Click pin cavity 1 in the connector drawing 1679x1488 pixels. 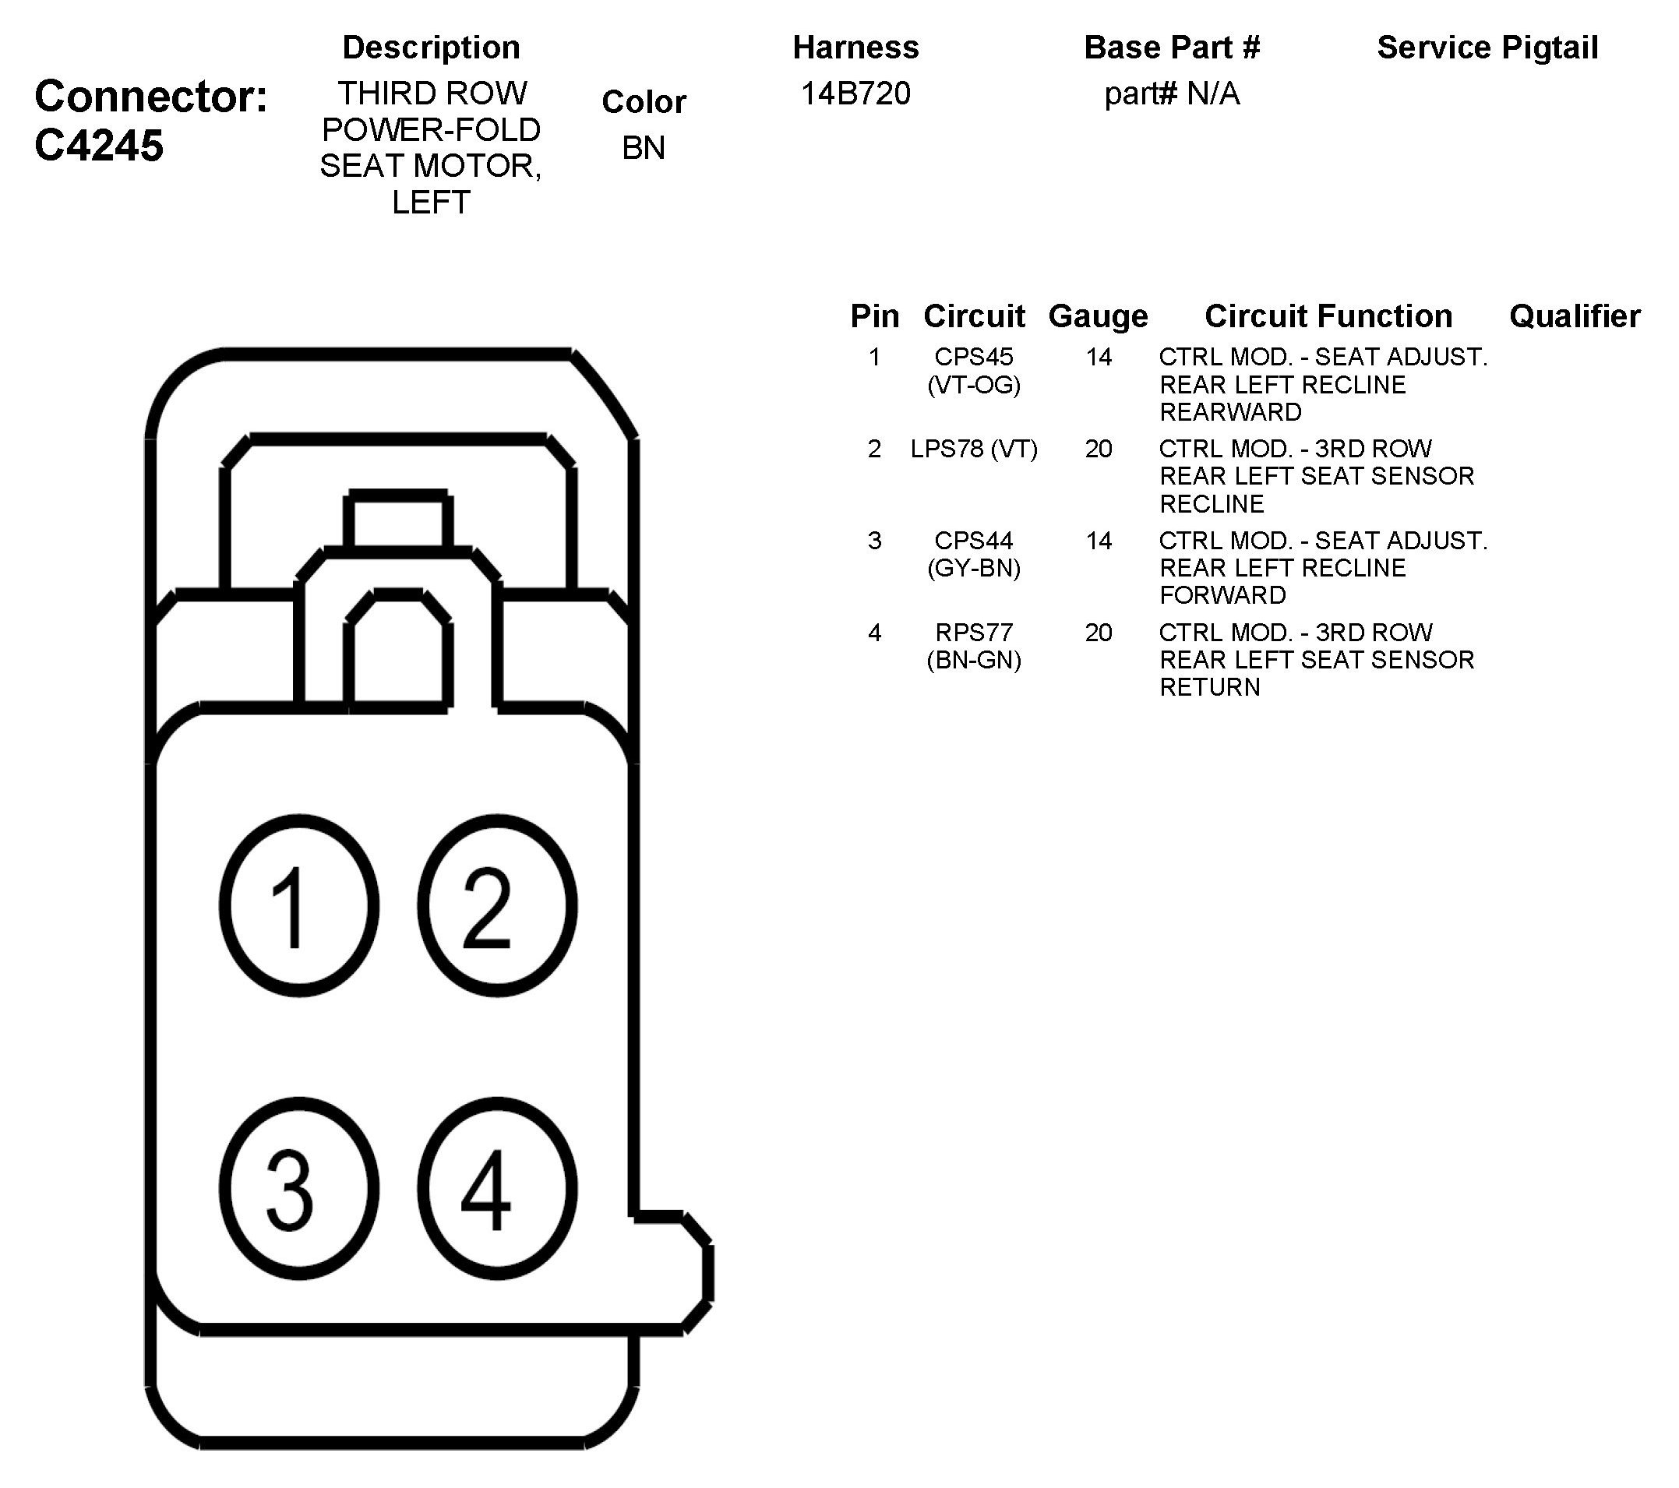point(299,905)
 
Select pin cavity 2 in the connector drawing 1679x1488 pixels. point(497,905)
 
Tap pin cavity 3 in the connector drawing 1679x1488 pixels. point(299,1187)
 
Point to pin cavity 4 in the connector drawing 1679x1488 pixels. point(497,1187)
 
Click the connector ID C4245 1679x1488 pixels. point(99,146)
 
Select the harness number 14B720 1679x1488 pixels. point(855,93)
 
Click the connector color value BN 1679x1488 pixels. point(644,148)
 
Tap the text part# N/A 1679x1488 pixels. point(1171,93)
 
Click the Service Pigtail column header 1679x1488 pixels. point(1487,48)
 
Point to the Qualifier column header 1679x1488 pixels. point(1574,316)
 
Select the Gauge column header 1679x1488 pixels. point(1098,316)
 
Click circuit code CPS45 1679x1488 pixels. point(973,358)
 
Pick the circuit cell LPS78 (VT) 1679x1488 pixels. point(973,450)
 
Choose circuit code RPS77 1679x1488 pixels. point(973,633)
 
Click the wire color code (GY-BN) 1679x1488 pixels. point(973,568)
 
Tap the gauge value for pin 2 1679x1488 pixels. point(1099,450)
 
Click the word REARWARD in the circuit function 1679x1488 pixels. point(1229,412)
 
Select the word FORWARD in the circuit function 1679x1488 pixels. point(1222,595)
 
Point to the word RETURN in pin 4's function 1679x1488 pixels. point(1209,687)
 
